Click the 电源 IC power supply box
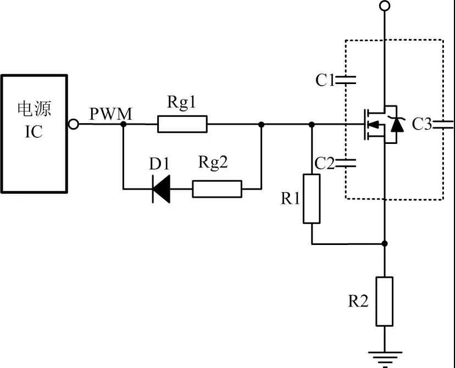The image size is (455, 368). pyautogui.click(x=34, y=133)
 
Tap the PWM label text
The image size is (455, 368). pyautogui.click(x=111, y=114)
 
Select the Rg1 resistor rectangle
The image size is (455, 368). pyautogui.click(x=182, y=124)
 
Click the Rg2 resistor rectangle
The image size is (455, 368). pyautogui.click(x=217, y=189)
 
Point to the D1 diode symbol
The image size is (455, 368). pyautogui.click(x=161, y=189)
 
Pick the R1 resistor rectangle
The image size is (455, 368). pyautogui.click(x=312, y=199)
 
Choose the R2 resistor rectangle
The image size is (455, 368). pyautogui.click(x=385, y=302)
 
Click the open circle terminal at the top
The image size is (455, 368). pyautogui.click(x=385, y=6)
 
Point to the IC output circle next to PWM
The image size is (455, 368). pyautogui.click(x=73, y=124)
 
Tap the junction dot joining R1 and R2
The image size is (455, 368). pyautogui.click(x=385, y=243)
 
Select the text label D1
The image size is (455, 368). pyautogui.click(x=160, y=164)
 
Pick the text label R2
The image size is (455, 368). pyautogui.click(x=358, y=301)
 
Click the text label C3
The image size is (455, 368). pyautogui.click(x=423, y=125)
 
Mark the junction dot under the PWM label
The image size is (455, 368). pyautogui.click(x=123, y=125)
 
